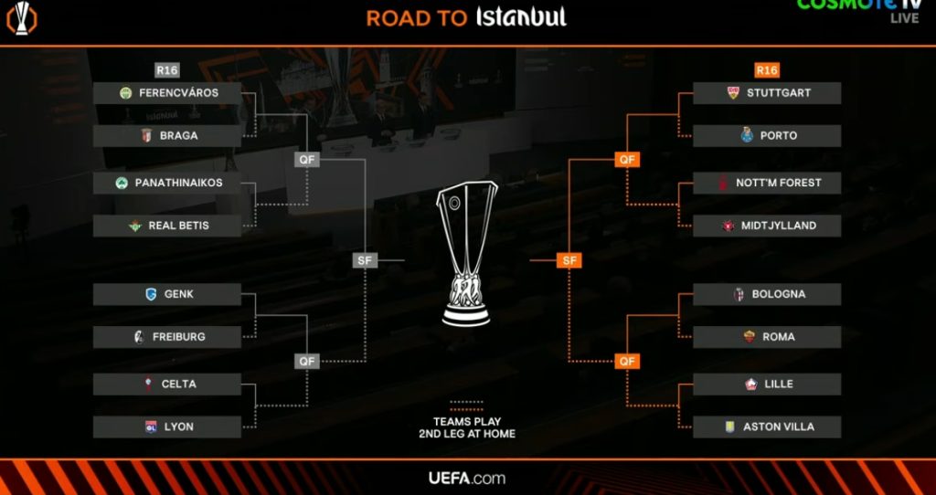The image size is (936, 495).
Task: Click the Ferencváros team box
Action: point(167,93)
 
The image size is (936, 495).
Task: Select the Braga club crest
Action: point(146,136)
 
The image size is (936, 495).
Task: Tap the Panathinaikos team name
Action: point(178,183)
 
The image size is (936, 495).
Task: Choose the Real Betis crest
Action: point(135,226)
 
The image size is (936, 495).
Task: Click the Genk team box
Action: point(167,295)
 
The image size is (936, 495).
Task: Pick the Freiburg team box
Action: point(167,337)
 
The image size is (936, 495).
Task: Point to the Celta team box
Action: point(167,384)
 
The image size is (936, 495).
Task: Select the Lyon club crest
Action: point(151,427)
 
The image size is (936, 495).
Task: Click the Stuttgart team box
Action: point(767,93)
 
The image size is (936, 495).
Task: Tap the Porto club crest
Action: point(747,135)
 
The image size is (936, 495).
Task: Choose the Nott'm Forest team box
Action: point(767,183)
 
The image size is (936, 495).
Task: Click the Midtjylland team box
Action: point(767,226)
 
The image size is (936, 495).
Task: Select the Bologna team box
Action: point(767,295)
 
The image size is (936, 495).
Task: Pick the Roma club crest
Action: point(750,337)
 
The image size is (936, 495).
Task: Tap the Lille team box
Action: point(767,384)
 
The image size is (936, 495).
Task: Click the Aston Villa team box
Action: point(767,427)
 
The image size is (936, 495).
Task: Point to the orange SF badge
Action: point(569,260)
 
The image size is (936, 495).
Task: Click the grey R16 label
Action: point(167,70)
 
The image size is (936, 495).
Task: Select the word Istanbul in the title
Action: point(521,16)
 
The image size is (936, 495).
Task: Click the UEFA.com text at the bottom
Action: point(467,478)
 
